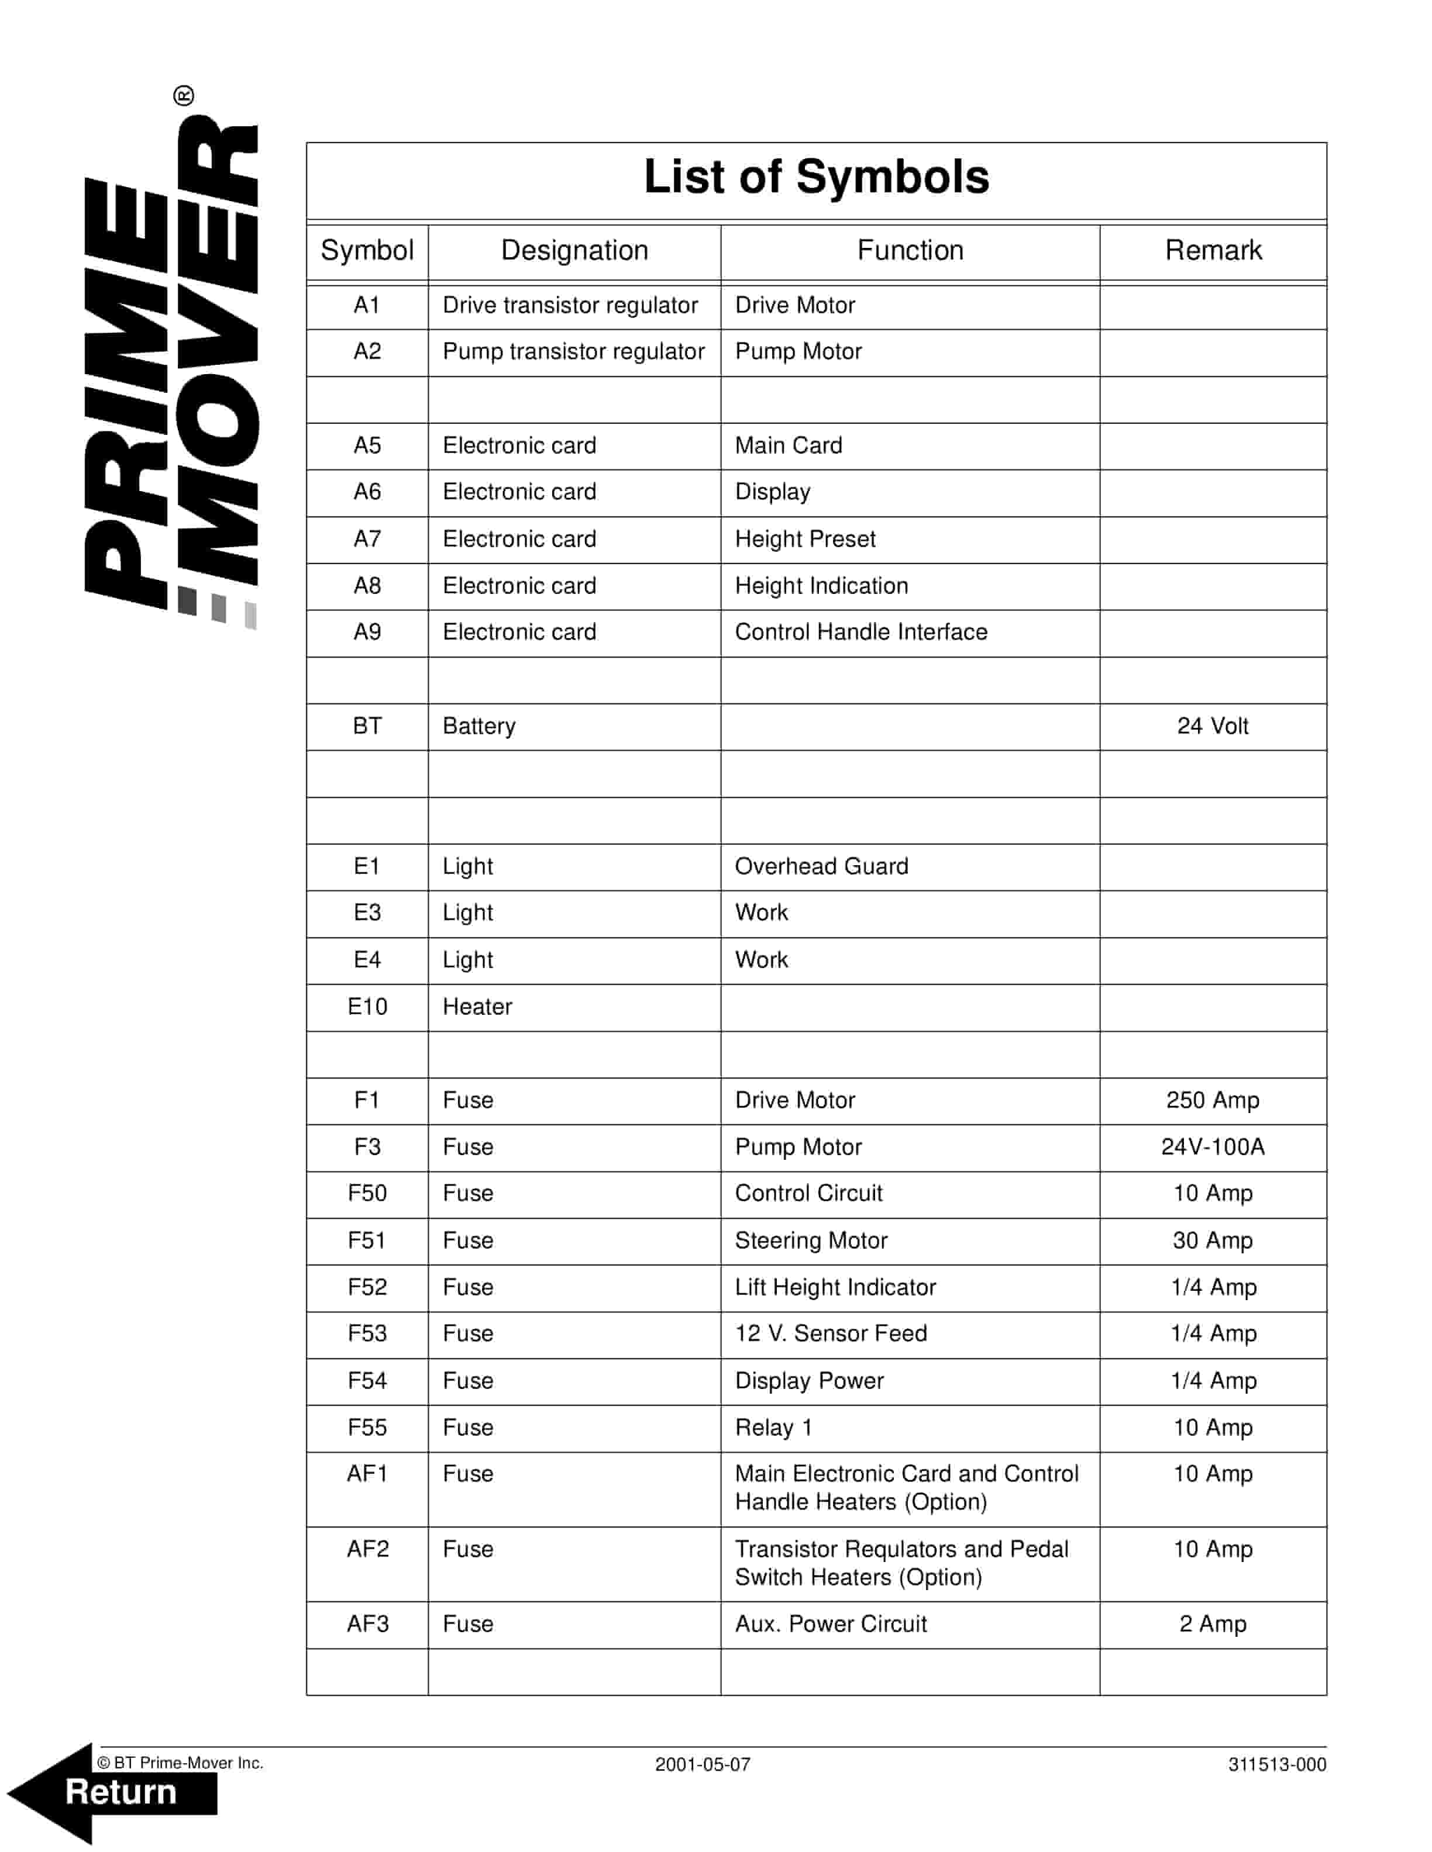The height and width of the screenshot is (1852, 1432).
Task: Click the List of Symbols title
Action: [815, 177]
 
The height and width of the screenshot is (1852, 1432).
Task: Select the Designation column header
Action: [574, 251]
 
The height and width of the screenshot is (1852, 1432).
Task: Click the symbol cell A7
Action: [367, 540]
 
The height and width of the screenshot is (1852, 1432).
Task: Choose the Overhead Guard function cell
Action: [821, 866]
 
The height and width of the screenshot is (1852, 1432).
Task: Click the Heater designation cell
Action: [477, 1007]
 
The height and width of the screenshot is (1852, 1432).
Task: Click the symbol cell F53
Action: [367, 1334]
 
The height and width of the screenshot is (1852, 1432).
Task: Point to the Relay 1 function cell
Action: [774, 1428]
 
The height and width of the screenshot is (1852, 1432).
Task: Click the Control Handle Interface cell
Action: [861, 633]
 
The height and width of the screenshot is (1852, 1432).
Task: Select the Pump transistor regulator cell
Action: [573, 352]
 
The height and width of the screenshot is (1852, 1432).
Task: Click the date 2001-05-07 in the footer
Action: [703, 1765]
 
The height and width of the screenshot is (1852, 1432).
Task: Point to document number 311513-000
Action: [1277, 1765]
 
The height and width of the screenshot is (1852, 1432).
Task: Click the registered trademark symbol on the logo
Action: [183, 96]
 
